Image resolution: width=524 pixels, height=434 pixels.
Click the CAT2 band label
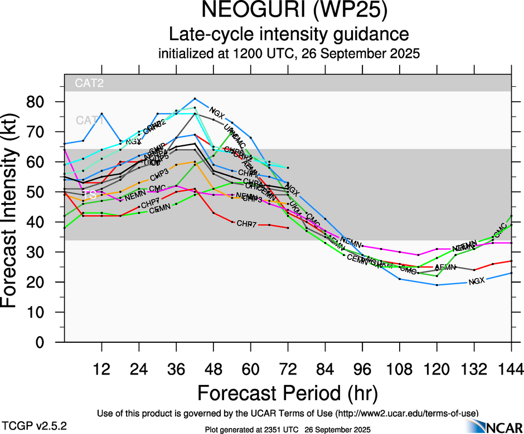(90, 83)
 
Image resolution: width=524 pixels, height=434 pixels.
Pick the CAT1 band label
(89, 120)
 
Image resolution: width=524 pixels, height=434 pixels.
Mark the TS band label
(90, 195)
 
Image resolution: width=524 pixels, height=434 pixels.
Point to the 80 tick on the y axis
(38, 102)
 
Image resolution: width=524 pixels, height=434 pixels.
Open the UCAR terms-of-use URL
(408, 413)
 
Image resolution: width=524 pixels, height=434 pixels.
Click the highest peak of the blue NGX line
(195, 98)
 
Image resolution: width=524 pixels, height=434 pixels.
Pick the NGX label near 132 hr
(477, 281)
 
